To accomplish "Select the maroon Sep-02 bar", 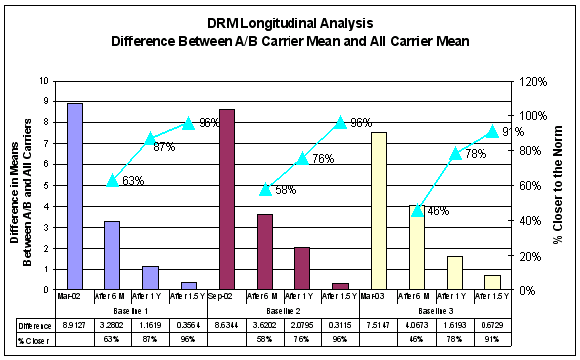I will [x=226, y=199].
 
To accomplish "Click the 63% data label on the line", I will [x=134, y=180].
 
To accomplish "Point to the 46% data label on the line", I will [x=437, y=211].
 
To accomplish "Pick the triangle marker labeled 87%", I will [x=150, y=138].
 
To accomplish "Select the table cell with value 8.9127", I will [x=74, y=324].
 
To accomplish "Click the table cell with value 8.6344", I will [x=226, y=324].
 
